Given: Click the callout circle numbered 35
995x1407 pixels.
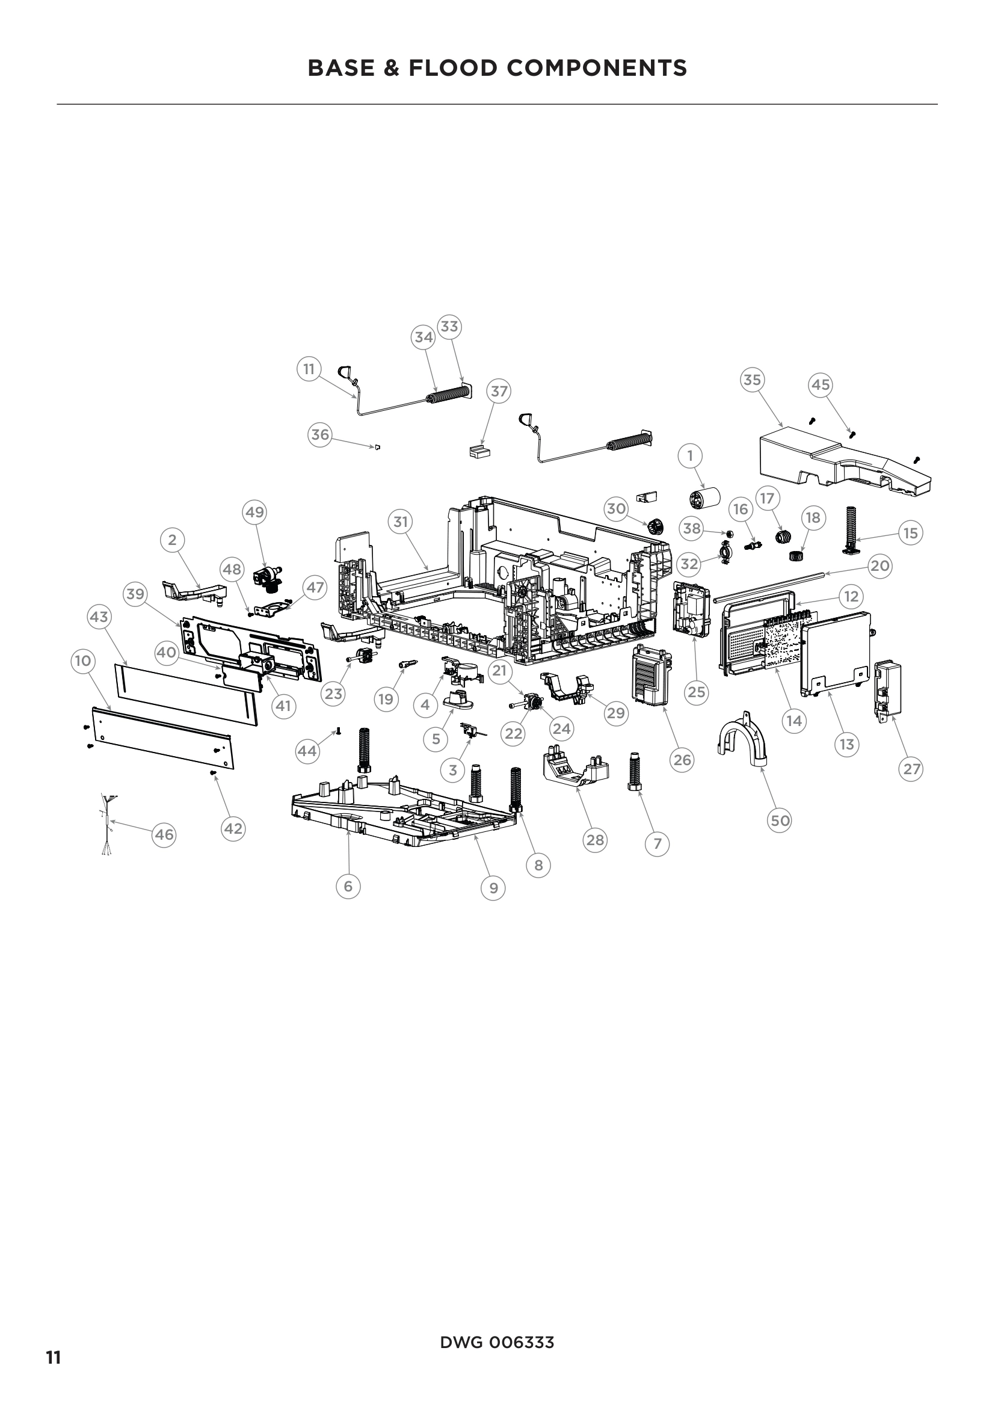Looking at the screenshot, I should point(752,380).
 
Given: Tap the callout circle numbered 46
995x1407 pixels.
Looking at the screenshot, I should point(164,835).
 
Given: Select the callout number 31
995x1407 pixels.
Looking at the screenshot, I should point(400,522).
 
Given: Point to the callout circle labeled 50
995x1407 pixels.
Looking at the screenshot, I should point(780,820).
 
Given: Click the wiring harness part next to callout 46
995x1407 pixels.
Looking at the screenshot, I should point(107,821).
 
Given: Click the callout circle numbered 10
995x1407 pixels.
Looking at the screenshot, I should point(82,660).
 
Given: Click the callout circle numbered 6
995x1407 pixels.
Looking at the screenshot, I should point(348,886).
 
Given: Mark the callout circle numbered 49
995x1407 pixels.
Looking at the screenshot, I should point(254,512).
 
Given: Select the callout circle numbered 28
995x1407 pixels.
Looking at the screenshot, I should point(595,840).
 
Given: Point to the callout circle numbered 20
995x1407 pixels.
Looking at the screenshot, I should point(880,565).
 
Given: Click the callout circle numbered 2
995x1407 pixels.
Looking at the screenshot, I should point(172,540).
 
